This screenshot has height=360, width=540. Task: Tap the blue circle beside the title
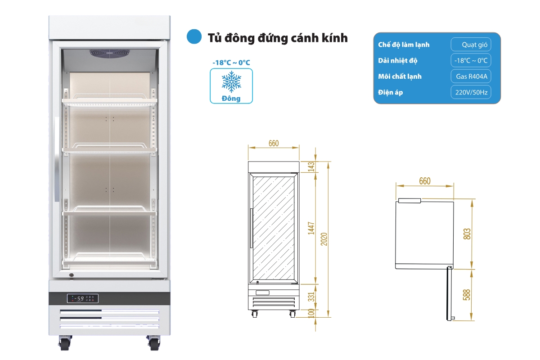pyautogui.click(x=194, y=37)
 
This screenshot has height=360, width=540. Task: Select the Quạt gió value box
pyautogui.click(x=471, y=45)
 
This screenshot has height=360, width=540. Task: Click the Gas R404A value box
pyautogui.click(x=471, y=76)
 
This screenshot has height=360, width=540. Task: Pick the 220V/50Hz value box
pyautogui.click(x=471, y=92)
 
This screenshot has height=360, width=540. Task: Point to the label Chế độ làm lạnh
pyautogui.click(x=404, y=45)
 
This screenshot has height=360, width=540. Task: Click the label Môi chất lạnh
pyautogui.click(x=400, y=76)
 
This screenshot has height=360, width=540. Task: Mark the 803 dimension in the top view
pyautogui.click(x=467, y=234)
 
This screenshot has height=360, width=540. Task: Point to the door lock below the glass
pyautogui.click(x=71, y=275)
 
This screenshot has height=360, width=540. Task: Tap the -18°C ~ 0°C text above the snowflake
pyautogui.click(x=231, y=63)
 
